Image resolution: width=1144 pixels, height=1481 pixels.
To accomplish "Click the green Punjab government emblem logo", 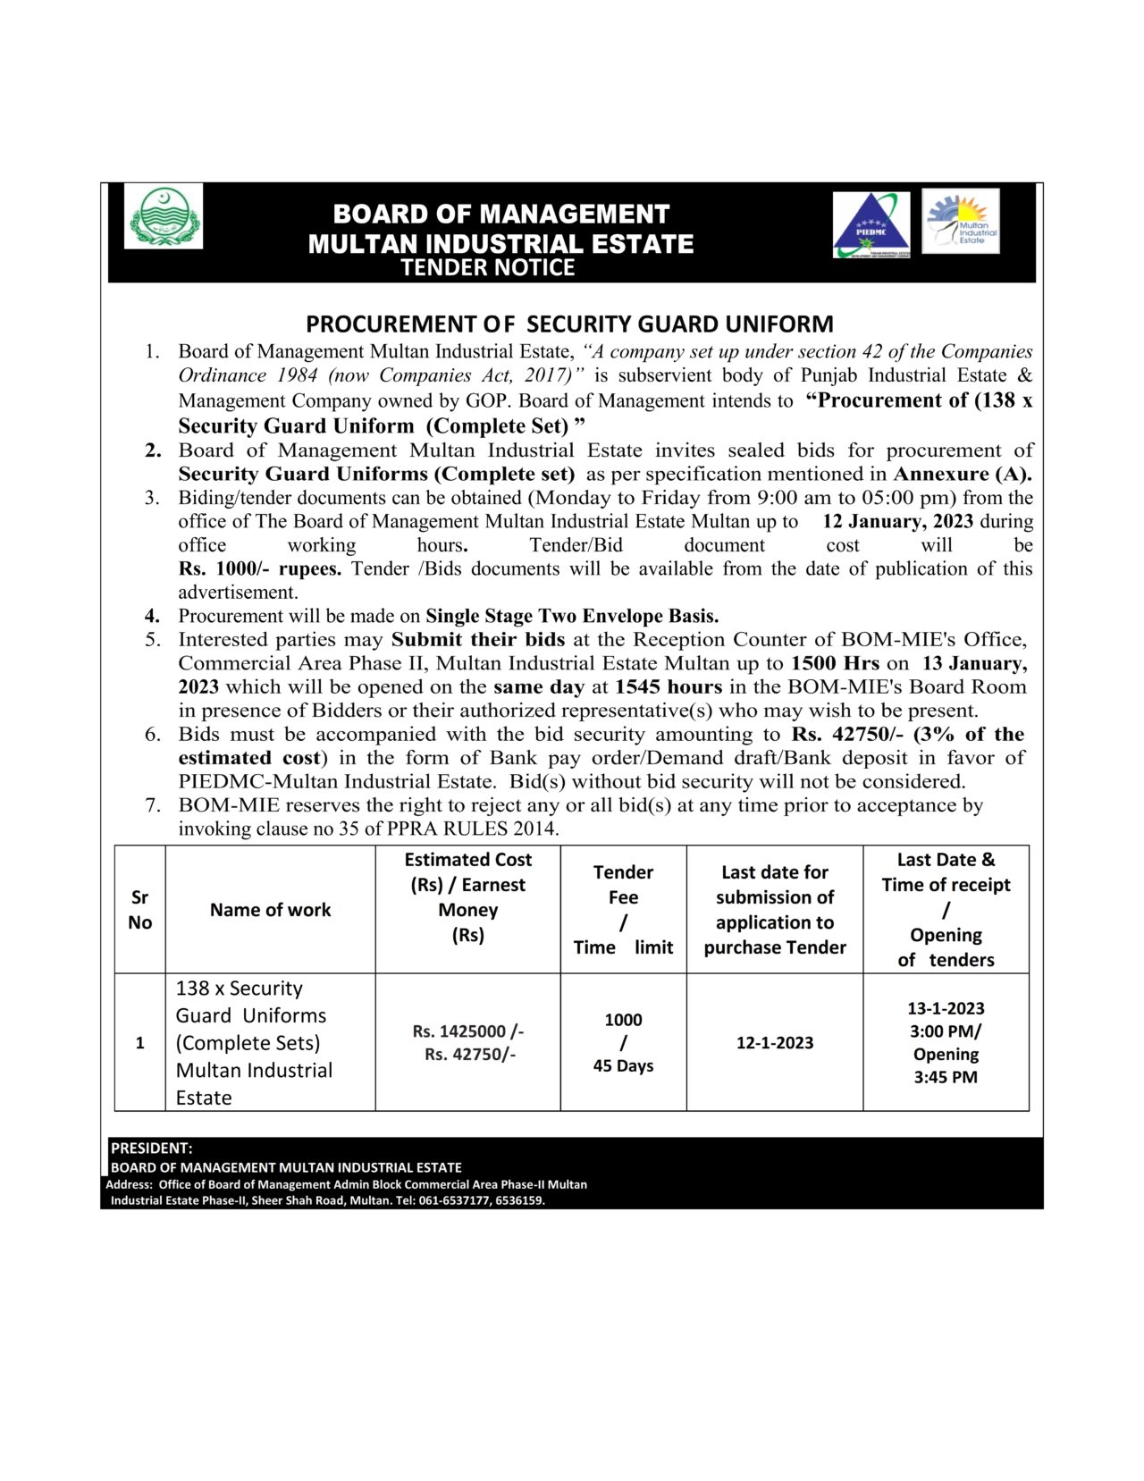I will [163, 216].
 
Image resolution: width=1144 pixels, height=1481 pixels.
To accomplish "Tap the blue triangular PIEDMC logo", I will [871, 225].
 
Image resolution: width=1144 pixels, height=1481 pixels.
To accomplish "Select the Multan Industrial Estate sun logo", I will [961, 220].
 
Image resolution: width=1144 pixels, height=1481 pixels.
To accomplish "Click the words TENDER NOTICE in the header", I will [487, 267].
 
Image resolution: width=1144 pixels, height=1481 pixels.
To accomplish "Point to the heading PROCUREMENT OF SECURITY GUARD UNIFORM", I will [569, 324].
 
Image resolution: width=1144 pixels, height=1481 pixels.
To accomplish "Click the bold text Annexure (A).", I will [962, 474].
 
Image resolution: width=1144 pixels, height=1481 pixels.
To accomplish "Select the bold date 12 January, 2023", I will [896, 521].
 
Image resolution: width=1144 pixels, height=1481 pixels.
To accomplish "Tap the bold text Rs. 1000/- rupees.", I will [259, 568].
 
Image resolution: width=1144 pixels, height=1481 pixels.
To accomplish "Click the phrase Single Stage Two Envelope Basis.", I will [572, 616].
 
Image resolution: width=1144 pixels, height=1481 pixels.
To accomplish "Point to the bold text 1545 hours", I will [668, 686].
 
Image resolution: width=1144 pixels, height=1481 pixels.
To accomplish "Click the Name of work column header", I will [270, 910].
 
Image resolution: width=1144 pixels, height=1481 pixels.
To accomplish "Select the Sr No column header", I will [139, 910].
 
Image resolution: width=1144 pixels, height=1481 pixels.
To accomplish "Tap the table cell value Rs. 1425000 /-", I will [467, 1031].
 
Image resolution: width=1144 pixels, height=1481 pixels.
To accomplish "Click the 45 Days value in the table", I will [623, 1065].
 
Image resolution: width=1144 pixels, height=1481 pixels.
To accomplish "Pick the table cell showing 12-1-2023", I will [774, 1042].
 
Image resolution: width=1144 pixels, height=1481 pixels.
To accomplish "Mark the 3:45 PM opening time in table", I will [945, 1077].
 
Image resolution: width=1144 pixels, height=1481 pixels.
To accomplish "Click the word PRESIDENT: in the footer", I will [151, 1148].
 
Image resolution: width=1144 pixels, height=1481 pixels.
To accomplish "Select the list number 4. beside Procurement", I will [153, 616].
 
